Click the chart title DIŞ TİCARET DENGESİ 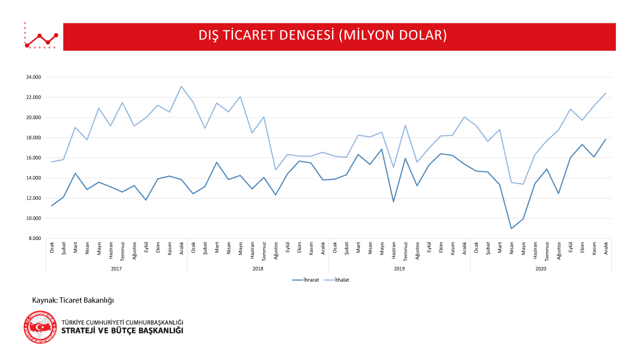[322, 35]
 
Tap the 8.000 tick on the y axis [34, 238]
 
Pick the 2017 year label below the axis [116, 268]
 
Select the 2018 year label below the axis [258, 268]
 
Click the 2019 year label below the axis [399, 268]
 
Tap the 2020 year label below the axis [540, 268]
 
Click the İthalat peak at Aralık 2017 [181, 86]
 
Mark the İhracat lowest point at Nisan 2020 [511, 228]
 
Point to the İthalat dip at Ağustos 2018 [275, 170]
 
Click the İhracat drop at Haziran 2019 [393, 201]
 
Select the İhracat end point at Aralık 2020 [605, 139]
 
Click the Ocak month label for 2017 [52, 248]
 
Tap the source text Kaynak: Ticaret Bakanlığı [73, 300]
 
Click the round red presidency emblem [40, 327]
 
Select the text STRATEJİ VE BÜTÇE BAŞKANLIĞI [122, 331]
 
